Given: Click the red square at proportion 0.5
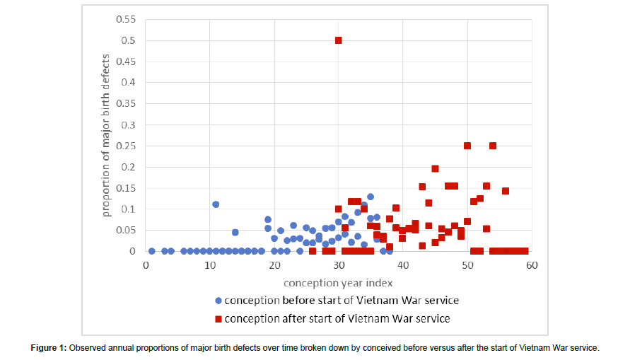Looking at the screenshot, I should (x=339, y=40).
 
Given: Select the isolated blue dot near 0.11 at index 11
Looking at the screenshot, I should (x=216, y=204).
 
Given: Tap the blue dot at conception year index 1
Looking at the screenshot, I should (x=151, y=251).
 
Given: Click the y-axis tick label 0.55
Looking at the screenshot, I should (x=124, y=18).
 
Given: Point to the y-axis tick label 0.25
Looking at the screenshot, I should (x=124, y=146).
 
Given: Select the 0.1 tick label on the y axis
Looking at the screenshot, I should (x=128, y=209).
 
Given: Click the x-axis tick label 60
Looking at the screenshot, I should (x=532, y=265).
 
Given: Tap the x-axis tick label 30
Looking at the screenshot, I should (x=339, y=265).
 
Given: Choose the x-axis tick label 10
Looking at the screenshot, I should (x=209, y=265).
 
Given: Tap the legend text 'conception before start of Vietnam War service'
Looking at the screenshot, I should (x=340, y=301).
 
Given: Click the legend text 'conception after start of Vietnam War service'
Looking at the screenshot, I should (x=337, y=319).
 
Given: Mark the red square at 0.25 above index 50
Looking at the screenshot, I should (x=467, y=146).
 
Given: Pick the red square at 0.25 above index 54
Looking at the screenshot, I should (x=493, y=146).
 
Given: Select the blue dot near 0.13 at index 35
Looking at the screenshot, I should (x=371, y=197).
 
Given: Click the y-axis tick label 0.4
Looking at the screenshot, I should (x=128, y=82).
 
